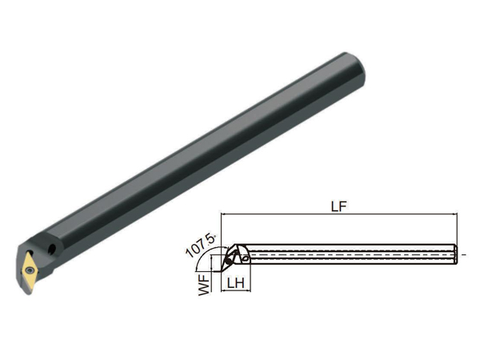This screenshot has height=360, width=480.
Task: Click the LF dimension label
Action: click(339, 206)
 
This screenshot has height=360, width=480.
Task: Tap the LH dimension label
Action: click(235, 283)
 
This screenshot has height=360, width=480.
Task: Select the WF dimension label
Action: click(205, 285)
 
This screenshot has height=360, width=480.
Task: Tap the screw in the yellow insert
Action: click(30, 270)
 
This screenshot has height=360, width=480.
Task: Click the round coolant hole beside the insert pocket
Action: click(52, 249)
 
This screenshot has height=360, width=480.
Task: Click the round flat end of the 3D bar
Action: click(356, 68)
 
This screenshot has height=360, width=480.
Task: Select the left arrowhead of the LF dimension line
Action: click(223, 214)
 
